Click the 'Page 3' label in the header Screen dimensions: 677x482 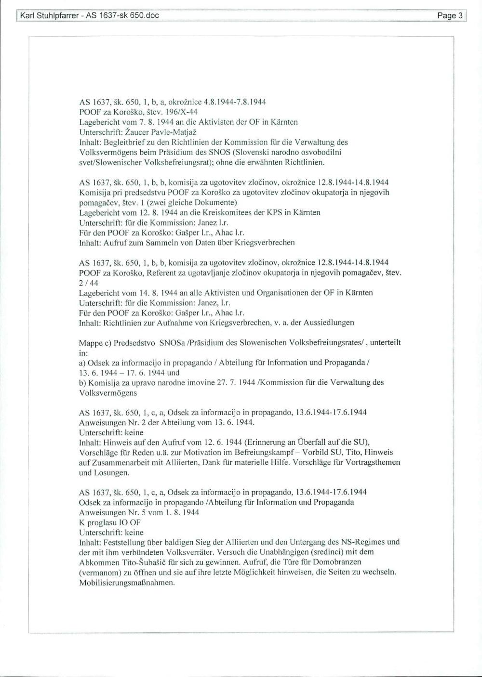click(449, 16)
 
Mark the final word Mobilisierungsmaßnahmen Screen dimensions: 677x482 click(127, 583)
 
